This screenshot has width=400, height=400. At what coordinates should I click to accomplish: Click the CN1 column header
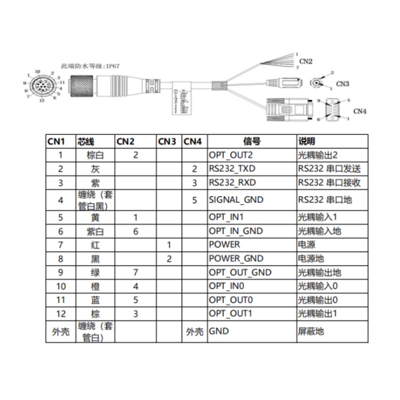[56, 141]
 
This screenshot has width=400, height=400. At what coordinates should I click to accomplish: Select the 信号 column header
[251, 141]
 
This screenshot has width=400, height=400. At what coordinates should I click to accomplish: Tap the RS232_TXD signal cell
[232, 169]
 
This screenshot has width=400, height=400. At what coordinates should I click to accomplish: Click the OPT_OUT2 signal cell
[230, 155]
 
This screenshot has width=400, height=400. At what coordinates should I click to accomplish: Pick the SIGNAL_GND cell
[235, 200]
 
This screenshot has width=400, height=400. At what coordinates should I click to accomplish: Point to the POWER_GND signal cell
[236, 259]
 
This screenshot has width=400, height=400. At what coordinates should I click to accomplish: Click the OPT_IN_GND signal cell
[237, 231]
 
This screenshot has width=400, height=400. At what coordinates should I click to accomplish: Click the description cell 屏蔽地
[310, 331]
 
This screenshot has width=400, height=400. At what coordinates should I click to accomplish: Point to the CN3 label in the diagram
[342, 84]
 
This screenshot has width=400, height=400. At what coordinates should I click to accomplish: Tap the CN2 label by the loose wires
[306, 61]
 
